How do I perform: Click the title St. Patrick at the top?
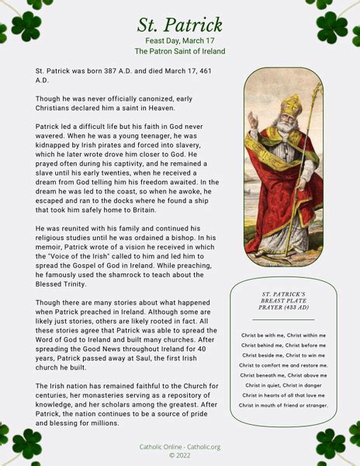pyautogui.click(x=180, y=25)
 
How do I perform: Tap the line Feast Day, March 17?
pyautogui.click(x=180, y=40)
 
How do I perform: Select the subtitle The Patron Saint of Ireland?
pyautogui.click(x=180, y=51)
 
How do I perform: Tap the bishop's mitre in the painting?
pyautogui.click(x=289, y=103)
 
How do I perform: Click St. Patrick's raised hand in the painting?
pyautogui.click(x=252, y=118)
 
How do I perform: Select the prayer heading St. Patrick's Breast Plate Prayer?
pyautogui.click(x=283, y=301)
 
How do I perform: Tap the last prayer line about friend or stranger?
pyautogui.click(x=283, y=405)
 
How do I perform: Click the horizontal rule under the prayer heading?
pyautogui.click(x=283, y=319)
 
